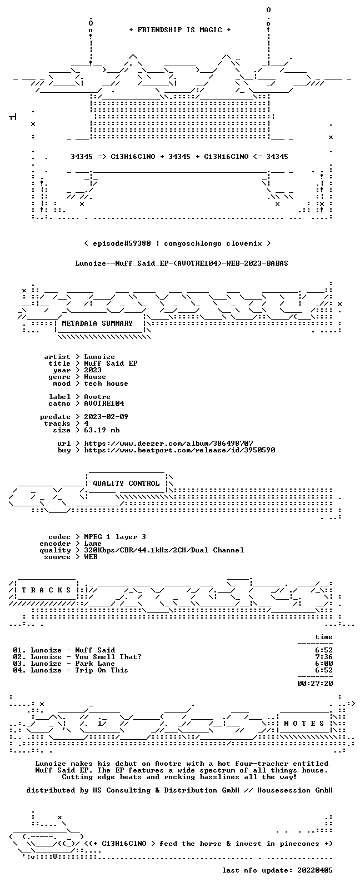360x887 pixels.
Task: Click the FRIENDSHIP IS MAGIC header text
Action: [x=180, y=30]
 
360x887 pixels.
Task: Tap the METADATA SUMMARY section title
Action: [x=97, y=323]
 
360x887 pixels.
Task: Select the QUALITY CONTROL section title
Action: [x=126, y=483]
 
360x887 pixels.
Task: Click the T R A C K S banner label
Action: [x=46, y=590]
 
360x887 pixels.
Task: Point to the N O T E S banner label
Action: [x=304, y=724]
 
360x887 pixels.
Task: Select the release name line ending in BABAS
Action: [x=182, y=263]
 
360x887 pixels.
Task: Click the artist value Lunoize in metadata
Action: [x=99, y=357]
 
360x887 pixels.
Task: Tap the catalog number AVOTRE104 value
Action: [x=104, y=403]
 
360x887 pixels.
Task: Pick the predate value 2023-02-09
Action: [x=106, y=417]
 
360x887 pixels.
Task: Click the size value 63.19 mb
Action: [x=102, y=430]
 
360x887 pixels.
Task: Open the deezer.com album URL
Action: [x=168, y=443]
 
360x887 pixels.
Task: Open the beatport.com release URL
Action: [x=179, y=450]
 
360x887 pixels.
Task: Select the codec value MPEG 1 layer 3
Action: [x=115, y=536]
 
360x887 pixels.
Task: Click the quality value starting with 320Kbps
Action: [x=164, y=550]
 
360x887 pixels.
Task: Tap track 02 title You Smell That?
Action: [x=108, y=656]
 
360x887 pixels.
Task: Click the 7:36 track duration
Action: [x=323, y=656]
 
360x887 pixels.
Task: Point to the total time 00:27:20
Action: [x=315, y=683]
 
